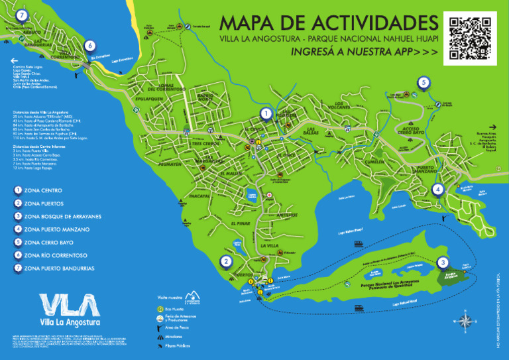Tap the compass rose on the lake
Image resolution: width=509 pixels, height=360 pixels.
(x=467, y=322)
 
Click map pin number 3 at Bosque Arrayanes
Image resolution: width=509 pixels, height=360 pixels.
(x=443, y=263)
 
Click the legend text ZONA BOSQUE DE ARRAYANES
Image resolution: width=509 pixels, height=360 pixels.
(x=62, y=216)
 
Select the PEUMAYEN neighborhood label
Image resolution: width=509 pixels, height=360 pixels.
(x=170, y=164)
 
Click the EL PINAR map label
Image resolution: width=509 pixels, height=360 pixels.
(x=242, y=224)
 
